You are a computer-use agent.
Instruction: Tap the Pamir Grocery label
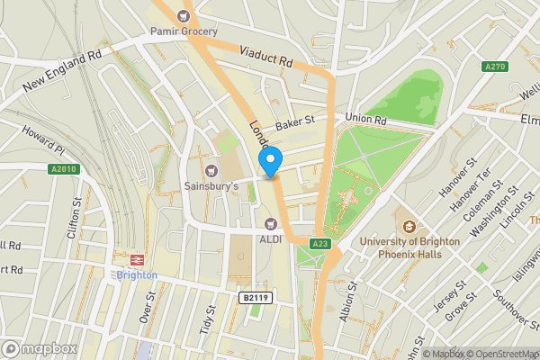point(184,32)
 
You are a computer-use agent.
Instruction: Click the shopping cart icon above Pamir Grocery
point(184,15)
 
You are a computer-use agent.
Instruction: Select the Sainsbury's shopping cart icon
point(212,170)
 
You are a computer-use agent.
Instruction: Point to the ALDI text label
point(272,238)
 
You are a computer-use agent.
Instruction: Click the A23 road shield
point(319,243)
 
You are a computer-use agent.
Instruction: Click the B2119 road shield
point(255,296)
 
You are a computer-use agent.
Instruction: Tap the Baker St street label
point(297,121)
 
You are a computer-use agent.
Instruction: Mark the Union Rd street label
point(366,119)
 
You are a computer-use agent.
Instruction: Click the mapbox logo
point(39,348)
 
